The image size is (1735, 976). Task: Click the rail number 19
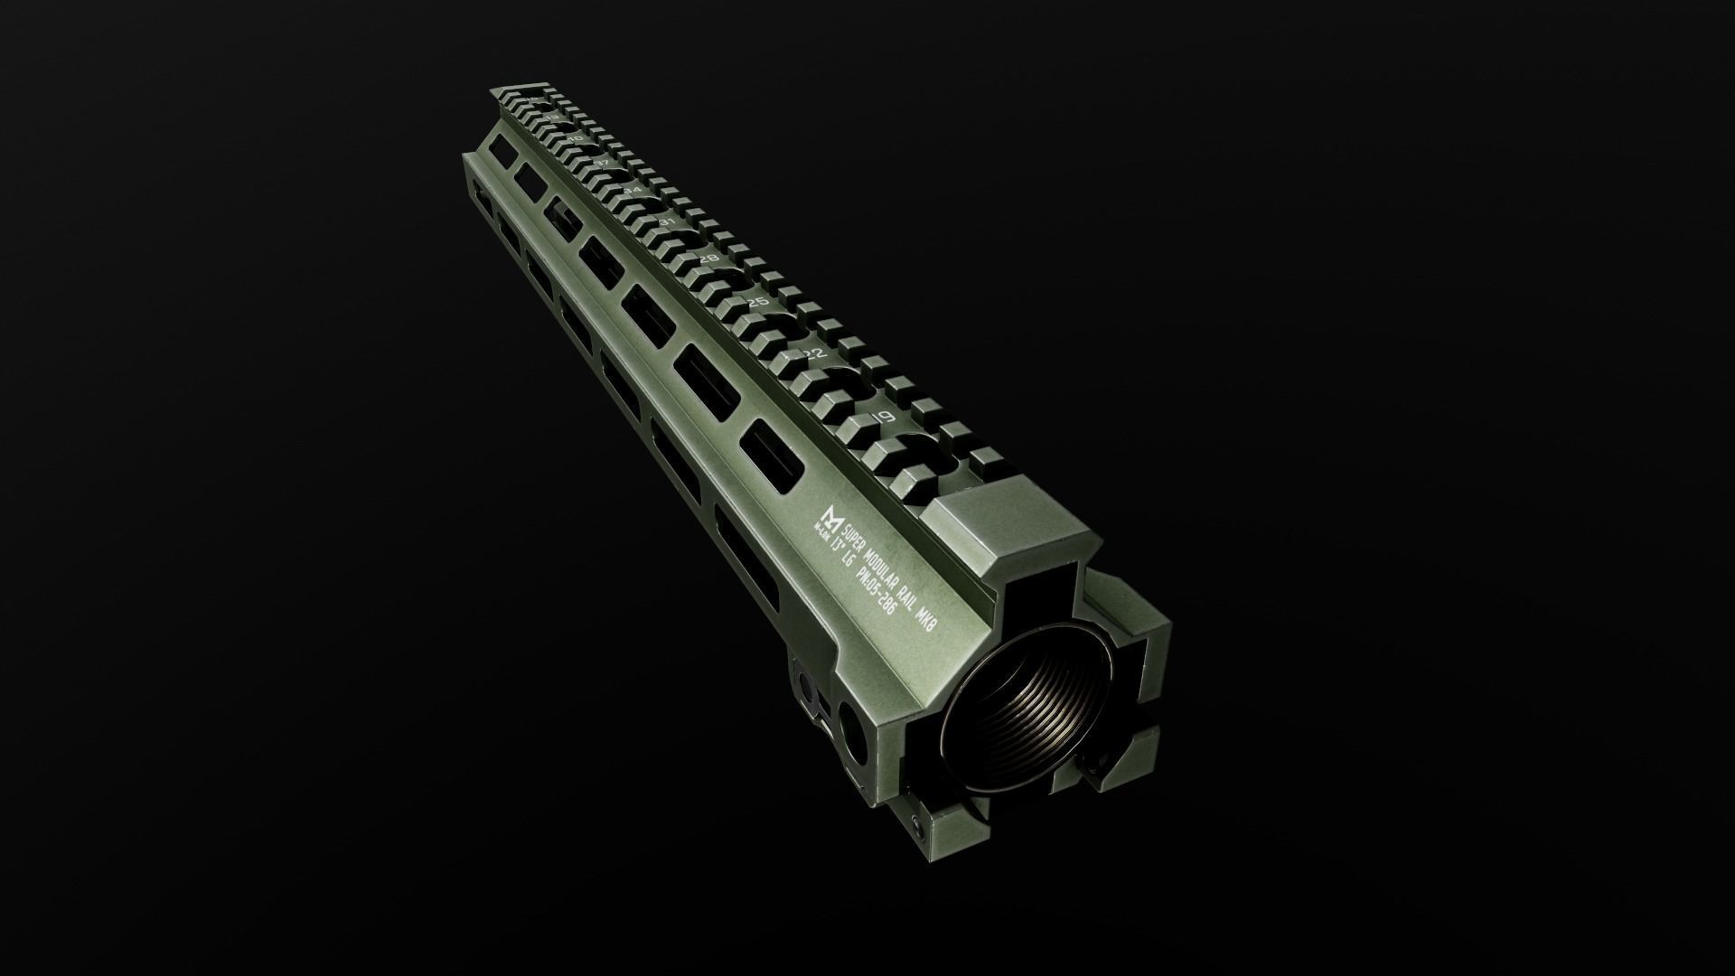(x=885, y=417)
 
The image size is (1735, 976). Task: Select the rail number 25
(x=757, y=302)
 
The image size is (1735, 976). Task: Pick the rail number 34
(x=633, y=191)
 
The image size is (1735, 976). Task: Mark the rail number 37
(x=601, y=163)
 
